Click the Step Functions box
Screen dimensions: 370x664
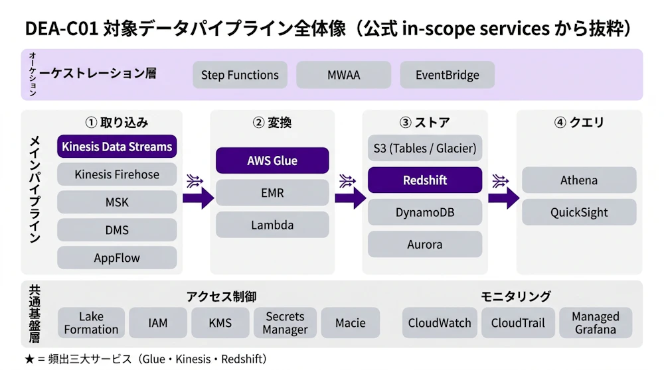click(240, 75)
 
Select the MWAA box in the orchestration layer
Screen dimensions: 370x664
click(343, 75)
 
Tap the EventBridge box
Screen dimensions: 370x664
click(447, 75)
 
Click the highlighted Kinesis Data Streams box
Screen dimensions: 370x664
click(117, 147)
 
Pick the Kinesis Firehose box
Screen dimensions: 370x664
click(117, 174)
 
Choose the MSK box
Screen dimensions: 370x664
click(117, 202)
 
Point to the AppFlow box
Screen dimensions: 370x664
click(117, 258)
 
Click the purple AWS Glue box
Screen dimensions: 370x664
click(272, 160)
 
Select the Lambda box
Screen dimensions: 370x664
click(272, 225)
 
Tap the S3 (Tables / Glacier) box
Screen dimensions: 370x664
click(425, 148)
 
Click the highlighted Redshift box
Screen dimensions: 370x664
click(425, 180)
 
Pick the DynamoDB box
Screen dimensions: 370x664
click(425, 212)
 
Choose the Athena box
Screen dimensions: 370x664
click(579, 180)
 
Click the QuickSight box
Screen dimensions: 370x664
click(579, 213)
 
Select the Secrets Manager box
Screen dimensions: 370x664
click(286, 323)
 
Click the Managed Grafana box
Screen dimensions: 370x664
click(596, 323)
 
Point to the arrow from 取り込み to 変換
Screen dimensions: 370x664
click(197, 196)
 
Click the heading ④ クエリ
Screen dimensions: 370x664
click(579, 123)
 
